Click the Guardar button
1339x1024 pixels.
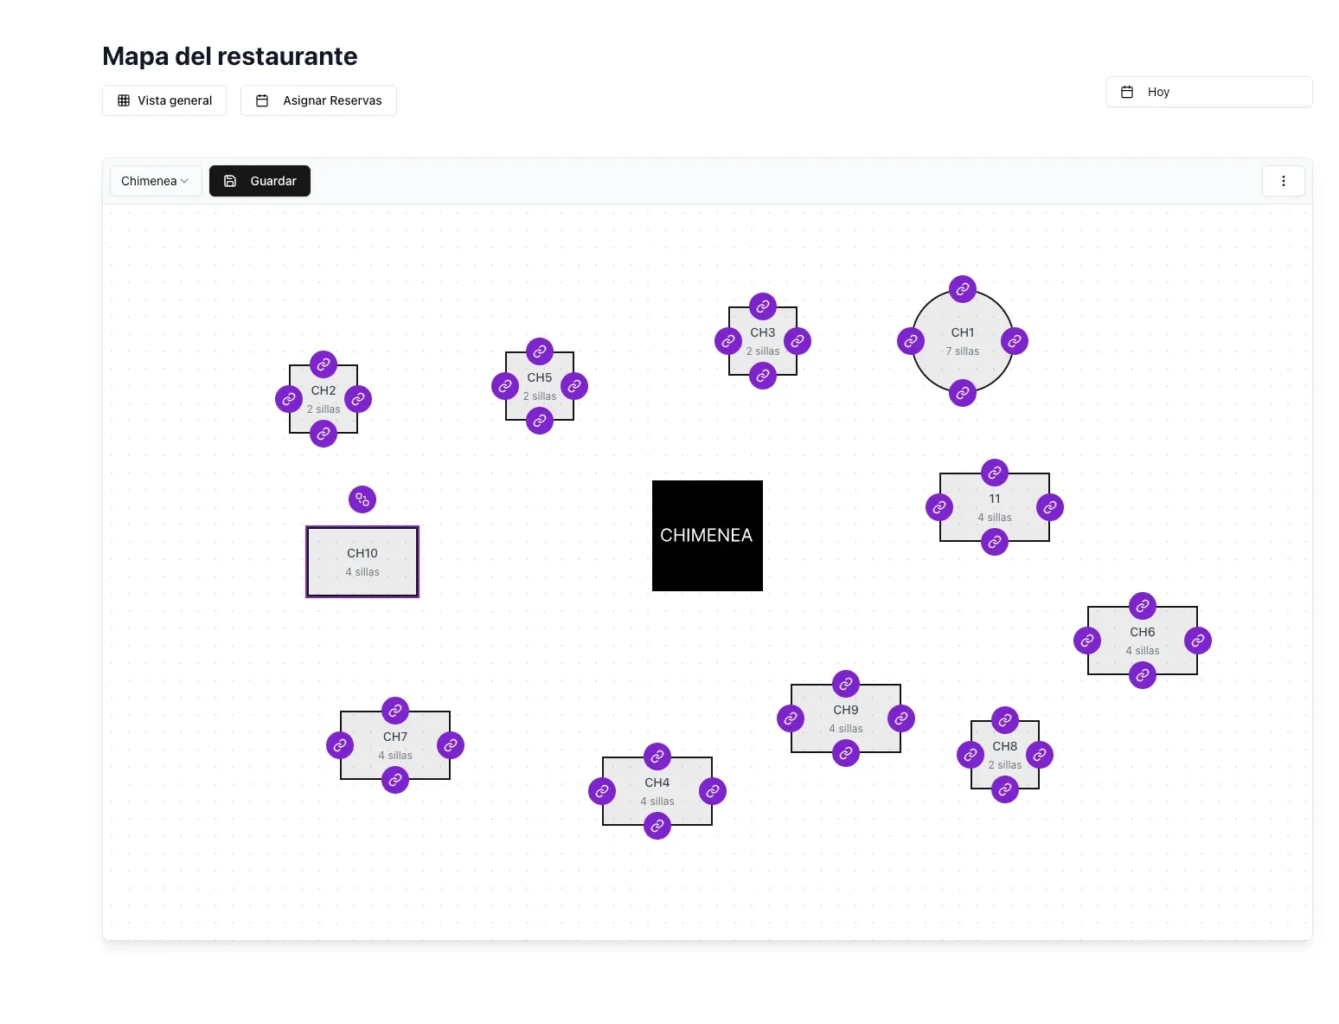tap(259, 181)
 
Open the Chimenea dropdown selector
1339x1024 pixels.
tap(156, 181)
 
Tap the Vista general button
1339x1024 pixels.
tap(164, 100)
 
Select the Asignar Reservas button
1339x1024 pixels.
tap(318, 100)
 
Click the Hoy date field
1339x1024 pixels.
tap(1208, 92)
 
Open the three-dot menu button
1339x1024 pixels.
tap(1283, 181)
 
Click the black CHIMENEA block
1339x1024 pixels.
tap(707, 535)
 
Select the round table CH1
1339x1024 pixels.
tap(963, 340)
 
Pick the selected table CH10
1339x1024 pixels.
tap(362, 562)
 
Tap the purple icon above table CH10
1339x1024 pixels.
tap(362, 499)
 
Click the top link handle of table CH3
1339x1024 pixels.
tap(763, 306)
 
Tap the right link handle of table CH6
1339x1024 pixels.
tap(1198, 641)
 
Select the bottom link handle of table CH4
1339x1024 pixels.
tap(657, 826)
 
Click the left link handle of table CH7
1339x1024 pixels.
tap(340, 745)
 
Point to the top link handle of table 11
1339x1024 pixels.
tap(995, 473)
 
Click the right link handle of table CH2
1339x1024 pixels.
tap(358, 399)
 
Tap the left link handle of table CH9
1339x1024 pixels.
tap(791, 718)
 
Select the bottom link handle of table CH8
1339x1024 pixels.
tap(1005, 789)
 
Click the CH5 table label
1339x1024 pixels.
tap(540, 377)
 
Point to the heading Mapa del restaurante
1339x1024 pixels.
tap(230, 56)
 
